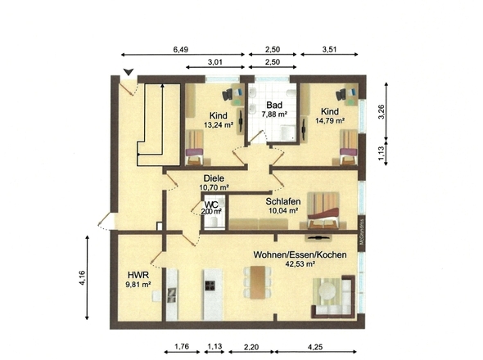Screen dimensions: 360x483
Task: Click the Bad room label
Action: click(x=275, y=105)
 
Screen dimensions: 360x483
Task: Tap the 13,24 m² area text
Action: click(x=217, y=125)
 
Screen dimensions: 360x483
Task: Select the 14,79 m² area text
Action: click(x=329, y=121)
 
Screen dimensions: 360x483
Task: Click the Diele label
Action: click(x=214, y=177)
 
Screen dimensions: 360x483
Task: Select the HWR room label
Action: click(x=137, y=275)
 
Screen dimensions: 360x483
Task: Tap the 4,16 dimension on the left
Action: click(x=82, y=278)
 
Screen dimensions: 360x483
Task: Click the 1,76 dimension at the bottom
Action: click(x=182, y=347)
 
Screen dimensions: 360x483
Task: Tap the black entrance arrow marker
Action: click(x=124, y=72)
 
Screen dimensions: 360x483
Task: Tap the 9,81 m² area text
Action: click(x=137, y=286)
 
